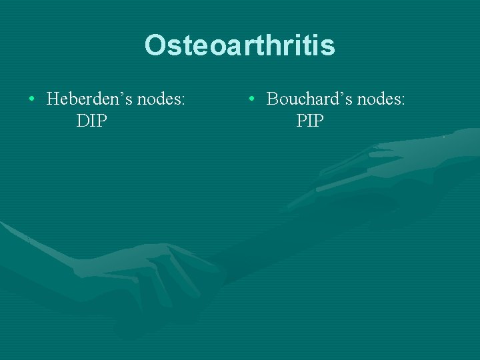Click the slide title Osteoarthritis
[239, 45]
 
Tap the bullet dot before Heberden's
[31, 101]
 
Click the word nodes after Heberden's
[159, 100]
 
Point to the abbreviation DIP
[92, 121]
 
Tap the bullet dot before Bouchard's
[251, 101]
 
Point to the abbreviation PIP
[310, 121]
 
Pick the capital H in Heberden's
[54, 100]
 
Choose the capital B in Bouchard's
[273, 100]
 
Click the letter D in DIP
[83, 121]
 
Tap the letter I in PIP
[310, 121]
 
